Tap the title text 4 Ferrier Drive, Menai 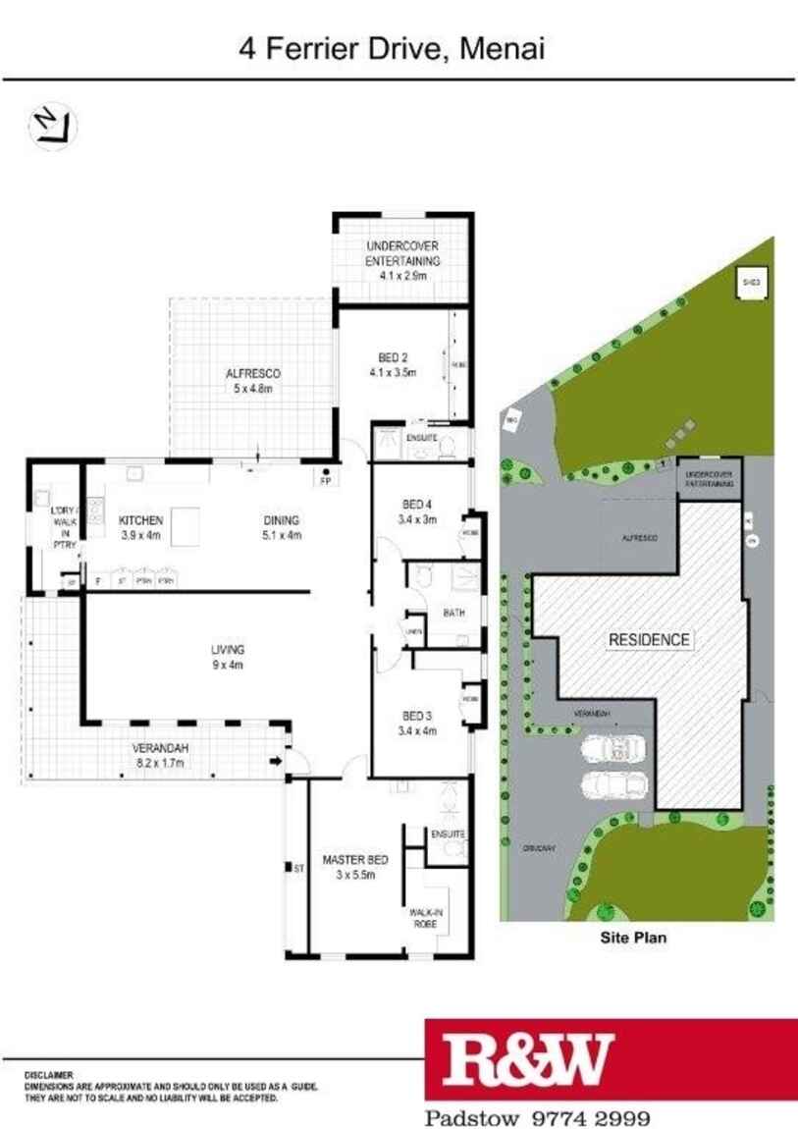(392, 48)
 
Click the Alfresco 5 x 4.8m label (254, 381)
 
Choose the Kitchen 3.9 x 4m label (140, 527)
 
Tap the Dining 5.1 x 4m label (281, 527)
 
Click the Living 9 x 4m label (227, 657)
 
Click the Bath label (453, 614)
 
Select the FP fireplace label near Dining (324, 482)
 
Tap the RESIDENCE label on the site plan (649, 639)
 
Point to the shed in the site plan (751, 282)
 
